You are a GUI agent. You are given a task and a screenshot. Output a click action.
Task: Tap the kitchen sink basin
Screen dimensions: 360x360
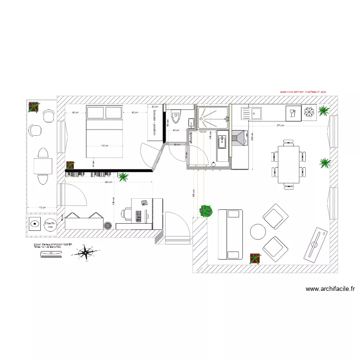(256, 113)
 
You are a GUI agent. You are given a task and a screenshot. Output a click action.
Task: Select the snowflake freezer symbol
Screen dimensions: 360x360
(309, 113)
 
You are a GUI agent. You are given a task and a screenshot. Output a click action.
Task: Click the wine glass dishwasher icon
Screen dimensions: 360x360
(292, 113)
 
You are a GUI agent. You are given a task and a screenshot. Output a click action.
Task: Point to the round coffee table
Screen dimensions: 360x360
(258, 232)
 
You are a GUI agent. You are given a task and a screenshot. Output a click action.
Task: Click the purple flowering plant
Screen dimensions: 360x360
(206, 210)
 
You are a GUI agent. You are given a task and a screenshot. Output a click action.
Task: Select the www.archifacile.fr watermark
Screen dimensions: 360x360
(330, 289)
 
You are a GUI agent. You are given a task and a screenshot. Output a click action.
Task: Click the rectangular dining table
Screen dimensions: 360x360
(288, 164)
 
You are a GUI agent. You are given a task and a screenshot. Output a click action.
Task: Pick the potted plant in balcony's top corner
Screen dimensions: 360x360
(34, 108)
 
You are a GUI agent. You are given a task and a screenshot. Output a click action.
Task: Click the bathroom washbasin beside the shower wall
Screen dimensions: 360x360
(222, 142)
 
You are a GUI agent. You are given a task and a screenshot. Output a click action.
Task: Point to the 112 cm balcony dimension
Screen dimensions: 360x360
(42, 207)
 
